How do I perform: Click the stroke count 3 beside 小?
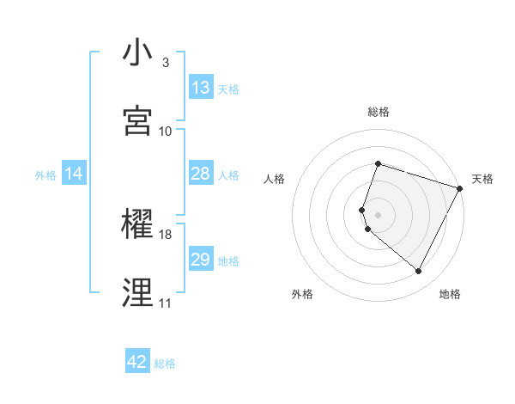pos(165,63)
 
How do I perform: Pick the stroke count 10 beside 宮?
pos(165,131)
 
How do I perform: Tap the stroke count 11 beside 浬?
pos(165,303)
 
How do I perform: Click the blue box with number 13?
pos(201,88)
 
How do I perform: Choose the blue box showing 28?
pos(201,174)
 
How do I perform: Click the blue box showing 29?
pos(201,260)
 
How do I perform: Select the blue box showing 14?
pos(74,174)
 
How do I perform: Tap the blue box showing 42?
pos(137,362)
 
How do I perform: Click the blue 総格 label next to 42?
pos(165,364)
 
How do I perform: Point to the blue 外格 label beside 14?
pos(45,174)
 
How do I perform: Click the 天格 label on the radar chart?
pos(483,179)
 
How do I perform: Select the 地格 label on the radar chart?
pos(450,294)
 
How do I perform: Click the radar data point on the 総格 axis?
pos(378,163)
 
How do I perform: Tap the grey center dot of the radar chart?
pos(378,213)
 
